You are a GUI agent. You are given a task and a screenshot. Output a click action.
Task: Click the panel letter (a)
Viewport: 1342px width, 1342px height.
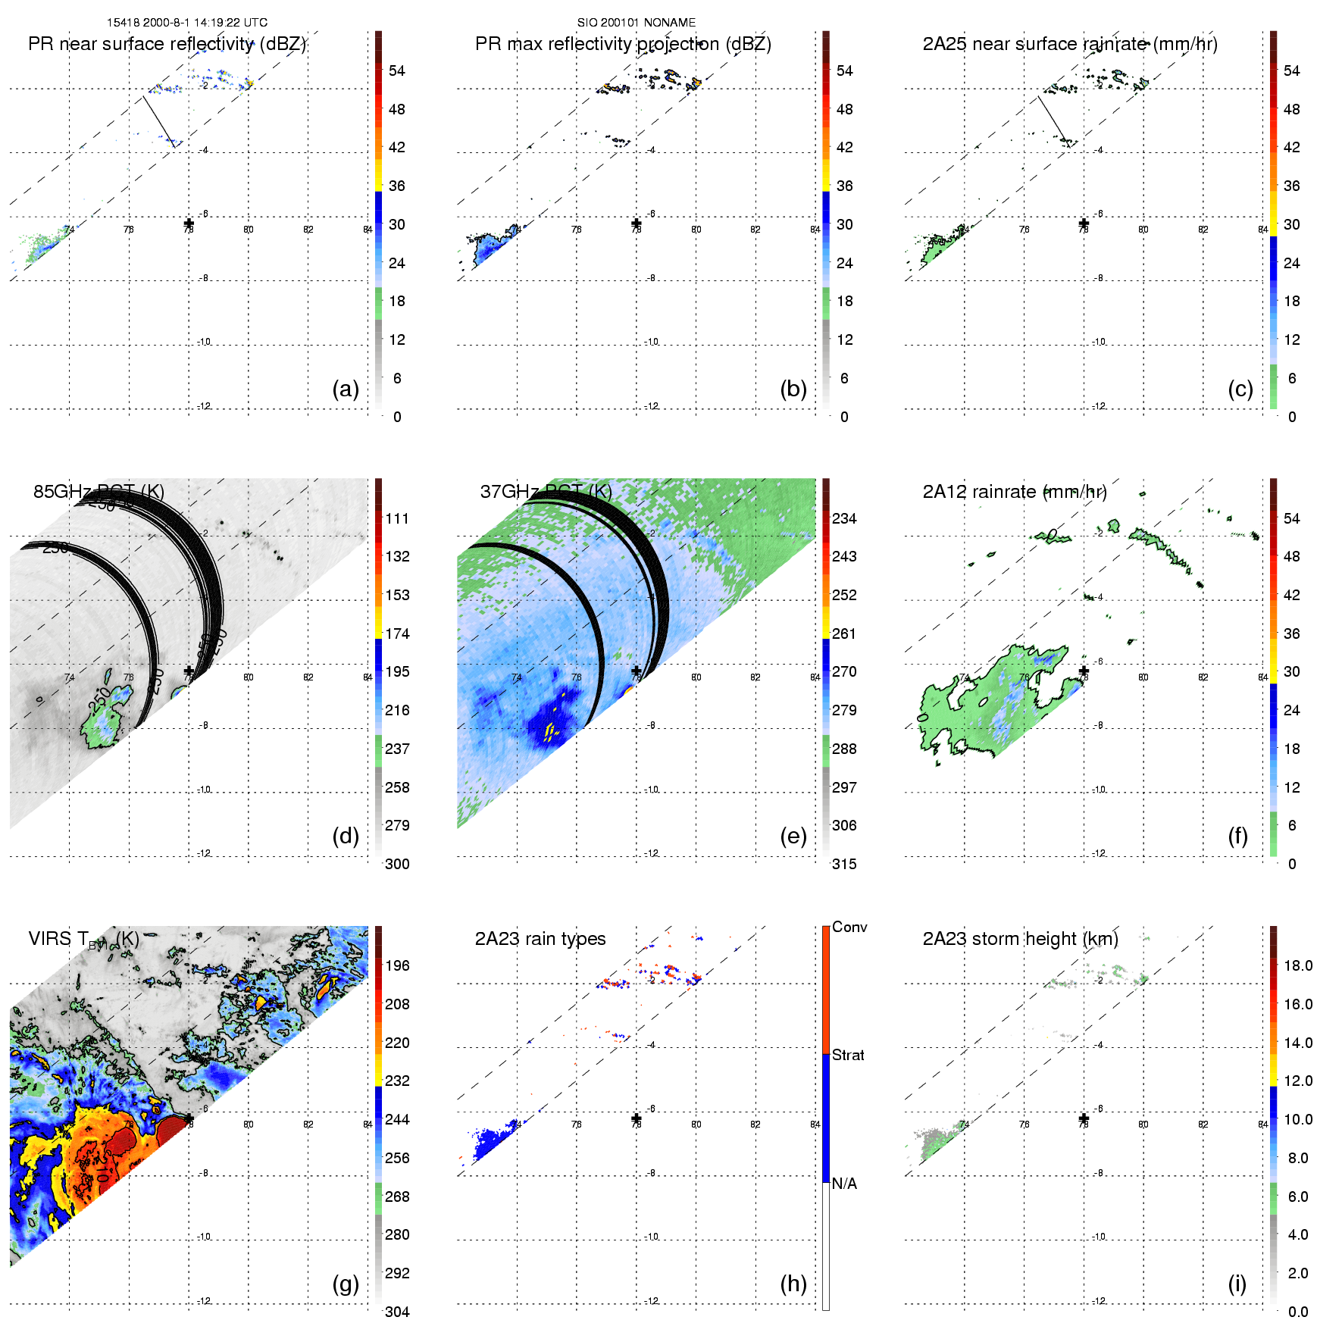click(x=346, y=389)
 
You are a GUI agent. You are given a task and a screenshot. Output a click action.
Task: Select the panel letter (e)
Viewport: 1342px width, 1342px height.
click(x=793, y=836)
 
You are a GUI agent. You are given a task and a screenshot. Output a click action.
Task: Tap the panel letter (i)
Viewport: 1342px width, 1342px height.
click(x=1237, y=1284)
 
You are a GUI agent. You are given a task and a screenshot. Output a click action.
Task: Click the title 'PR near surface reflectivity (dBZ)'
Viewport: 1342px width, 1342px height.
click(x=167, y=44)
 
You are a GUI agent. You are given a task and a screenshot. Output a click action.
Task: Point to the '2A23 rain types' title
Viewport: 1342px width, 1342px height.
click(x=540, y=939)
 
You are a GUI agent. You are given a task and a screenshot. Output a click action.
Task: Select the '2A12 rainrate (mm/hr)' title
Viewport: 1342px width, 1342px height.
click(x=1015, y=492)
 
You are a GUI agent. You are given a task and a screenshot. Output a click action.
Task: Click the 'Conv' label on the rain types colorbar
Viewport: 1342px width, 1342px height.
click(x=849, y=927)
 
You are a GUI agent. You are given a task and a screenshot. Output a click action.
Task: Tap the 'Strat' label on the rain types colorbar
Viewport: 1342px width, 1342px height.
click(x=848, y=1055)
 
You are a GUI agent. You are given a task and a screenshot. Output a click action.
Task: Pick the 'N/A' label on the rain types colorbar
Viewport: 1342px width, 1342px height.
click(x=844, y=1184)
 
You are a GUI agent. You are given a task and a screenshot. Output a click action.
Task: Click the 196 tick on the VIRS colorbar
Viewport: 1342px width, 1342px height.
click(x=397, y=965)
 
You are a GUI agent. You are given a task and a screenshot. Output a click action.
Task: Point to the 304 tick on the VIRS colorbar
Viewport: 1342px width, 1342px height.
click(x=397, y=1312)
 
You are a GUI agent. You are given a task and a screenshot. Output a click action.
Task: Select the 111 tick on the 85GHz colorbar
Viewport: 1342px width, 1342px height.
click(x=397, y=518)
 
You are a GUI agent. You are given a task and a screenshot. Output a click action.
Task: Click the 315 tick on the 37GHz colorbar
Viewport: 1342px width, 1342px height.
click(x=844, y=864)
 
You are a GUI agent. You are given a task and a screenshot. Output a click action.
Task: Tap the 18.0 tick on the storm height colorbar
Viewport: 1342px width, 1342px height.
click(x=1298, y=965)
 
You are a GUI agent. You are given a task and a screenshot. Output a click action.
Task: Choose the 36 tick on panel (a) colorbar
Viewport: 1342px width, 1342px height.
click(x=397, y=186)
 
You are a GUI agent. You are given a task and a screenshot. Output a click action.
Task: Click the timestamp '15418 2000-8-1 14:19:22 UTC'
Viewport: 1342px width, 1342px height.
click(x=187, y=23)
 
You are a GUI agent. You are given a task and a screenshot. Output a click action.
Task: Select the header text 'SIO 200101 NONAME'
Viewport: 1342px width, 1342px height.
click(x=637, y=23)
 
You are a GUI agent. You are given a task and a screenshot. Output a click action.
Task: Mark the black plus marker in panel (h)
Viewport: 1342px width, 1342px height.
click(x=637, y=1118)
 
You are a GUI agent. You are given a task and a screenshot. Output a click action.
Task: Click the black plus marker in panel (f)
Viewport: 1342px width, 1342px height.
click(x=1084, y=671)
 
